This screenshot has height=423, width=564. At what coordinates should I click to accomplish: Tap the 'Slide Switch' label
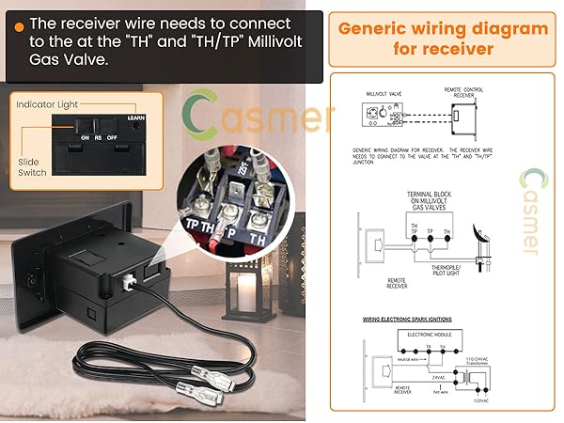tap(34, 169)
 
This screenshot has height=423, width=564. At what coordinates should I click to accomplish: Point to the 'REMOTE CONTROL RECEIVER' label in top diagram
tap(463, 92)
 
